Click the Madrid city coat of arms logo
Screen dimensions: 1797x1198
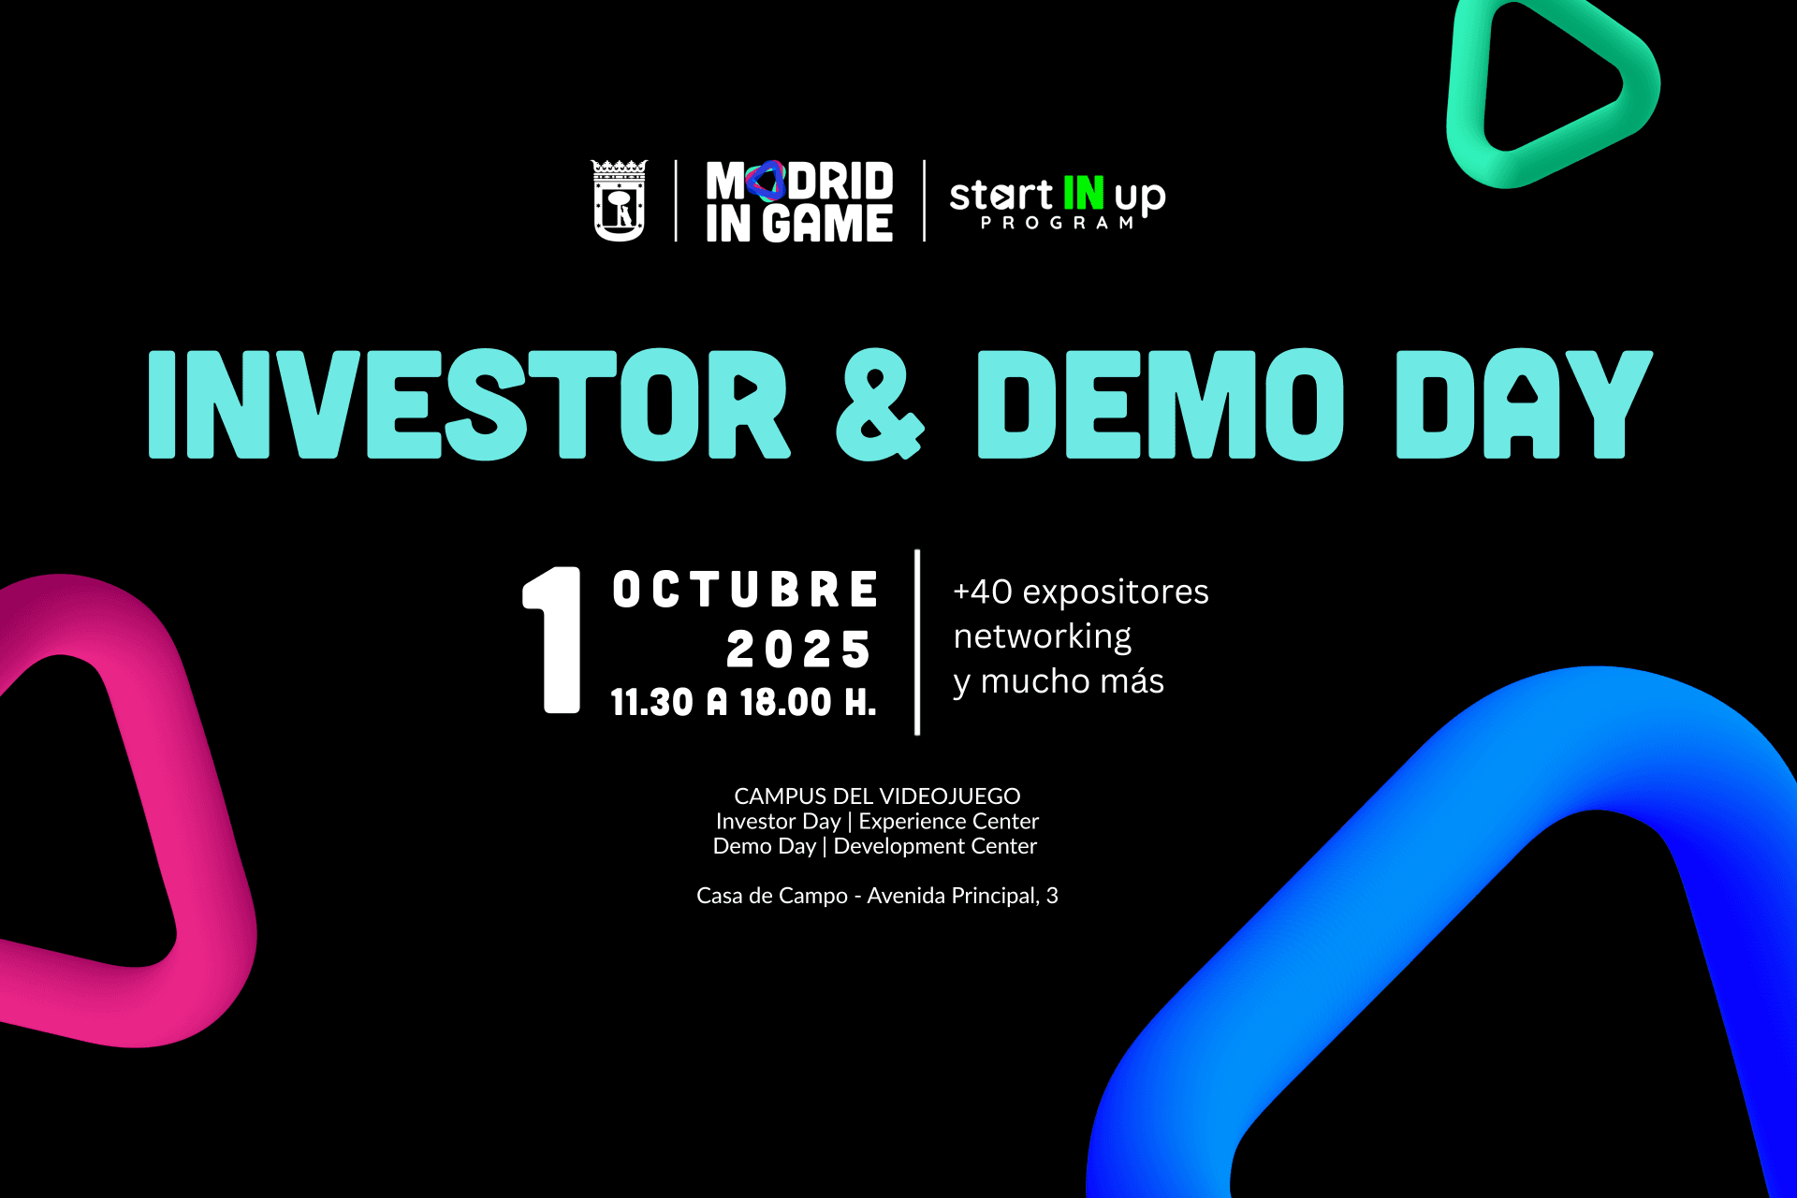pos(619,200)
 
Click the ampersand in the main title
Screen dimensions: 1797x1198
pos(880,405)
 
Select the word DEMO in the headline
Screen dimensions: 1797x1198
pos(1161,404)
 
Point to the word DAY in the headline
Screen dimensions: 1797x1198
pos(1525,404)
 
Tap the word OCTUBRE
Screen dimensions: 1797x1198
pos(745,590)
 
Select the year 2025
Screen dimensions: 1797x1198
pos(798,650)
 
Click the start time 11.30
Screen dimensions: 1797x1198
pos(652,703)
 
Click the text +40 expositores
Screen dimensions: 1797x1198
pos(1081,592)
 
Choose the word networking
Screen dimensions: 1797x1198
pos(1043,637)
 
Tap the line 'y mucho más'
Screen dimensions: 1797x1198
pos(1059,681)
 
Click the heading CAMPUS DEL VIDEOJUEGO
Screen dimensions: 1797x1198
pos(877,796)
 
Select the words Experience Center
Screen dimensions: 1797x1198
pos(949,822)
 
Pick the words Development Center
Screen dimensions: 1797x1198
pos(935,846)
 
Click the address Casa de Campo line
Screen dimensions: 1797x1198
pos(877,897)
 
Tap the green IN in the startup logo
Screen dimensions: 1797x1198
pos(1084,193)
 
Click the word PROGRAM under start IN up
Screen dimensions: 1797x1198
pos(1058,223)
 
